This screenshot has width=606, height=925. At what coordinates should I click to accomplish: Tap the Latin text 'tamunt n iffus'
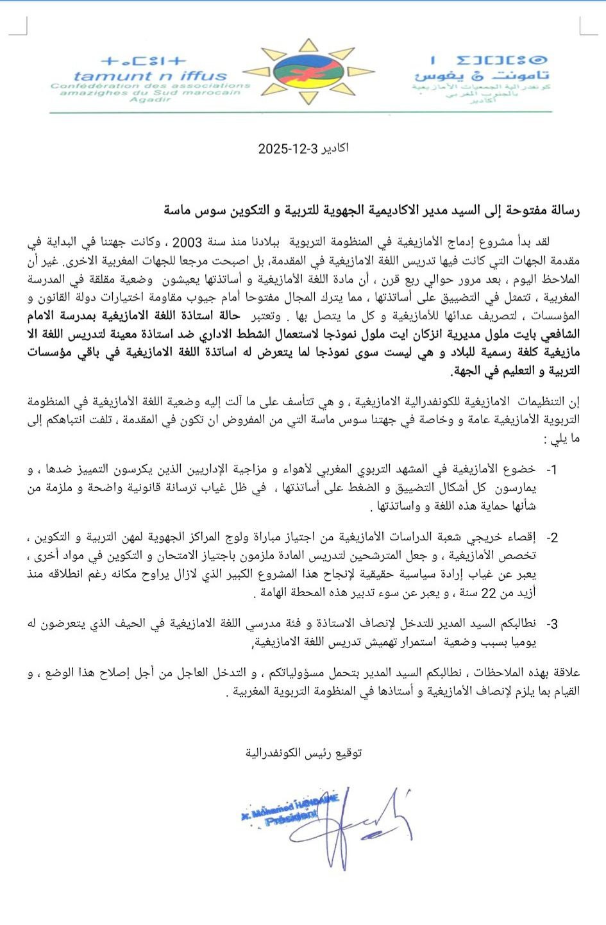(x=151, y=76)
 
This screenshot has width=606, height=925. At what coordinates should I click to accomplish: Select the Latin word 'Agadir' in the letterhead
(x=151, y=99)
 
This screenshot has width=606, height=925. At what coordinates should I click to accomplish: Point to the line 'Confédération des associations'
(x=151, y=85)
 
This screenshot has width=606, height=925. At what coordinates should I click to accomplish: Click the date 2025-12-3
(x=288, y=149)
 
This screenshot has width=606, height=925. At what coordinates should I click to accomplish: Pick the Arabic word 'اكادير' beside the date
(x=335, y=148)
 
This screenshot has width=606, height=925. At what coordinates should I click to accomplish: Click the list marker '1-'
(x=551, y=470)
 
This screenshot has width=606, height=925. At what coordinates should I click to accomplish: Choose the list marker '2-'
(x=551, y=538)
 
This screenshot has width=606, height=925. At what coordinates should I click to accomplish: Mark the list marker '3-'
(x=551, y=624)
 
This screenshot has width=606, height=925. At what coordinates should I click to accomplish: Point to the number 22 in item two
(x=489, y=594)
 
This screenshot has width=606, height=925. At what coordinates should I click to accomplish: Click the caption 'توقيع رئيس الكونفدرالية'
(x=303, y=753)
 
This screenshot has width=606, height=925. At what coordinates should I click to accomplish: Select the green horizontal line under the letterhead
(x=301, y=112)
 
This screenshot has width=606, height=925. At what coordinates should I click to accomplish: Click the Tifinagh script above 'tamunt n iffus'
(x=144, y=62)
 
